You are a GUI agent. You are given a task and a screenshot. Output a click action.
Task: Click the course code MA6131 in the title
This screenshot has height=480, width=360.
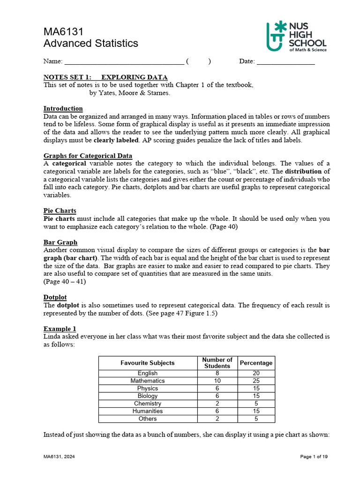63,31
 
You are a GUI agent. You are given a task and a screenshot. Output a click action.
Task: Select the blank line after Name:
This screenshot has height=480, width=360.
124,61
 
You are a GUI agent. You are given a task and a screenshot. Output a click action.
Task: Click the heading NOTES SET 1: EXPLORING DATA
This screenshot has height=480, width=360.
105,77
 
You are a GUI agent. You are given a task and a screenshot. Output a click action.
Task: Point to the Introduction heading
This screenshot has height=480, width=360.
63,108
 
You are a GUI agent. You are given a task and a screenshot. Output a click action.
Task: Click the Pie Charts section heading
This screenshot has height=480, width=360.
60,211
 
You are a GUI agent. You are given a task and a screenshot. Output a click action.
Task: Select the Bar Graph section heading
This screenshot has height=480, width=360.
60,242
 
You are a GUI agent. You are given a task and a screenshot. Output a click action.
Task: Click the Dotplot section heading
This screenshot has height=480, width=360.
55,297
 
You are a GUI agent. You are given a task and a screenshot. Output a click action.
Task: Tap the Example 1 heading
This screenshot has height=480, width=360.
60,329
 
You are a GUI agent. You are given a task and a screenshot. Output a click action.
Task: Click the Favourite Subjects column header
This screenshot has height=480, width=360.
147,363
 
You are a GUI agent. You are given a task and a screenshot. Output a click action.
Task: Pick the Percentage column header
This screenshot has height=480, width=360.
256,363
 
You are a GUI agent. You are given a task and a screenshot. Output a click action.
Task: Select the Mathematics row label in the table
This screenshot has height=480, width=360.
147,381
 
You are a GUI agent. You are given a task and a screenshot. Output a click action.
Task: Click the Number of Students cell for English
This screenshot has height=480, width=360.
217,374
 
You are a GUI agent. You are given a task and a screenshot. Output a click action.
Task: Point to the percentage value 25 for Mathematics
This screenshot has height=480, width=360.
256,381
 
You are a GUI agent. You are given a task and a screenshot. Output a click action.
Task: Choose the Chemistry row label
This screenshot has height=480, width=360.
147,404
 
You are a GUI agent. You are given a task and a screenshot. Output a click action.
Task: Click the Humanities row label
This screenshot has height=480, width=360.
147,411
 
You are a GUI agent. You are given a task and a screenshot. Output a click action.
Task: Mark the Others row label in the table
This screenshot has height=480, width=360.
147,419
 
